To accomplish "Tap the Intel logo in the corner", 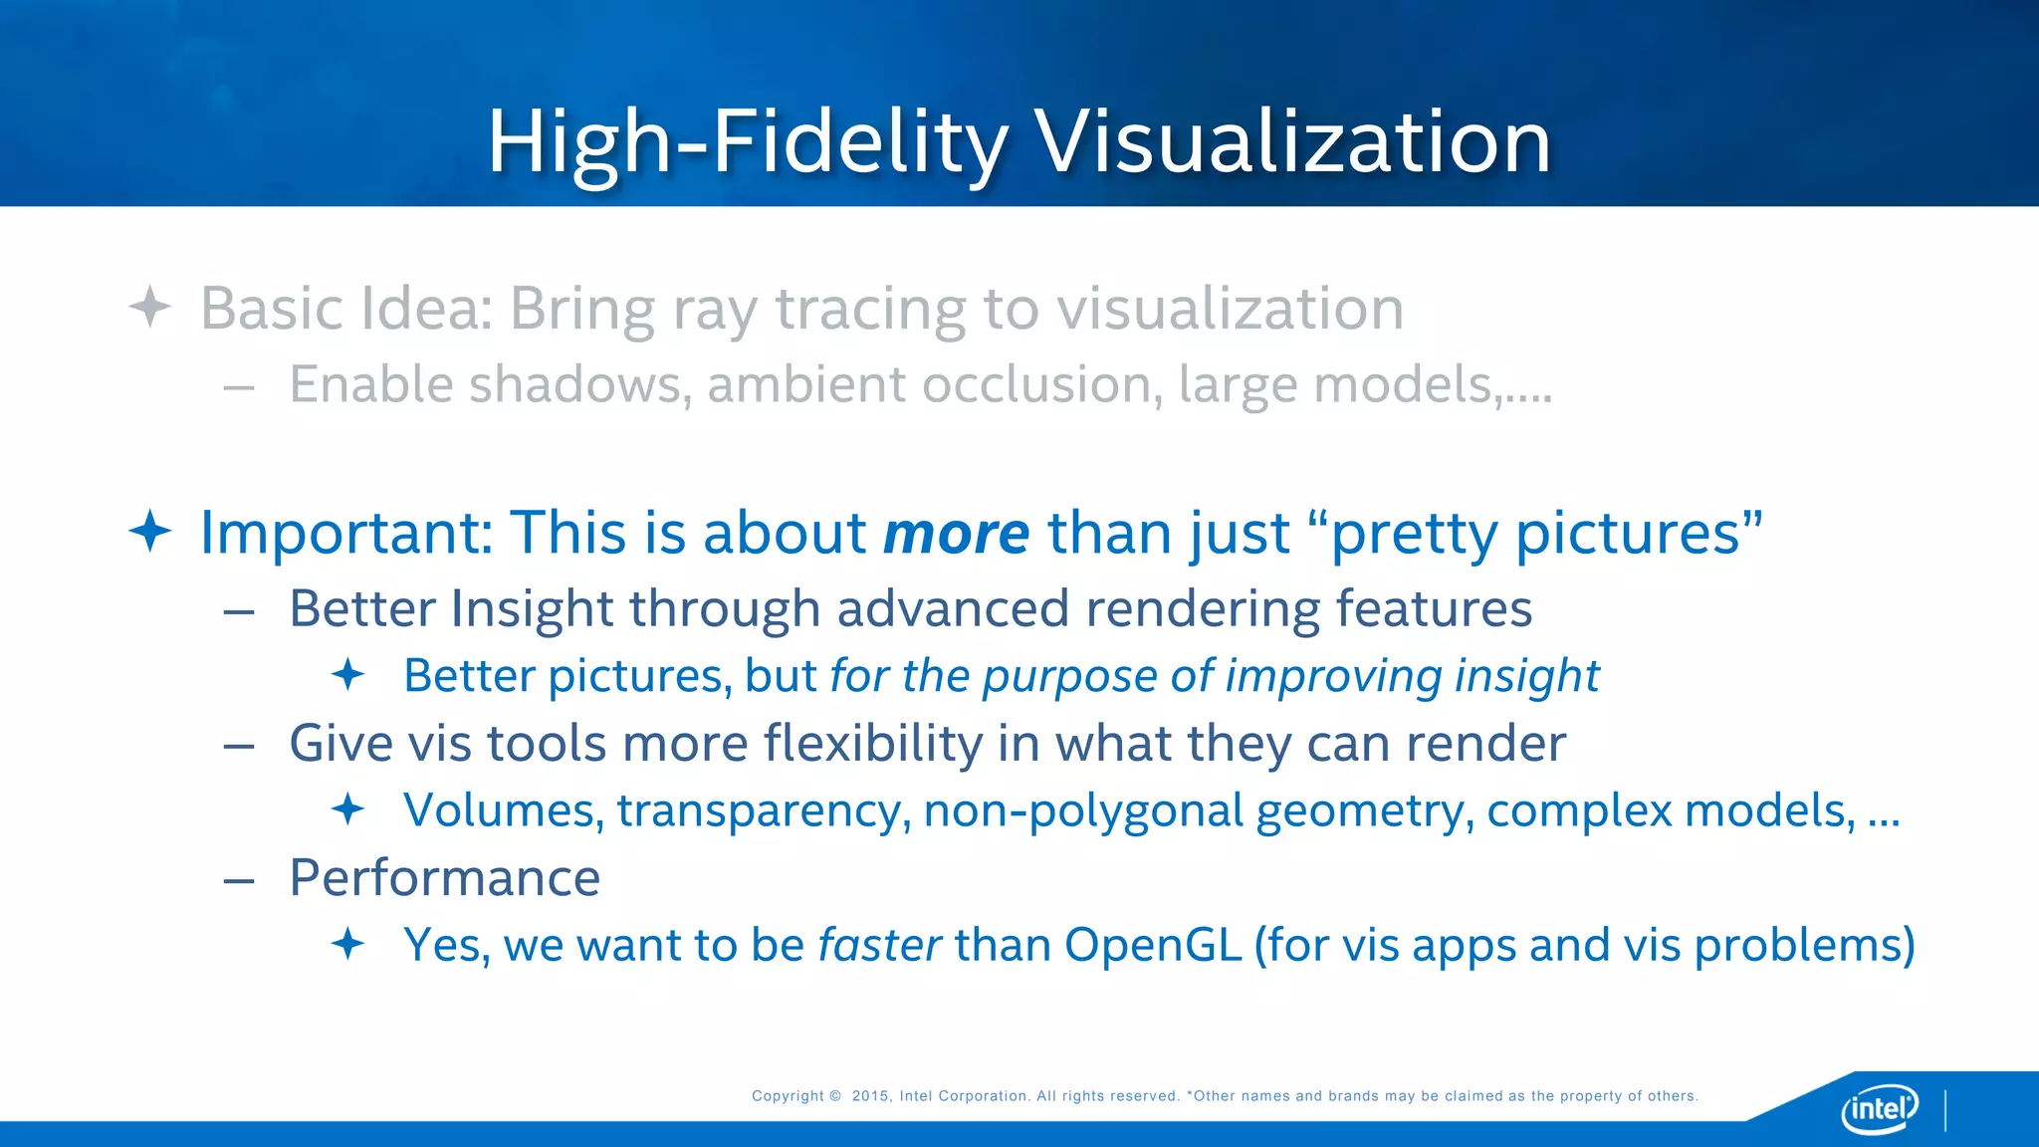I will coord(1879,1107).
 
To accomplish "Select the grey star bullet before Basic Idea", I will coord(150,307).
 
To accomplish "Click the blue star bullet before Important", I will coord(150,531).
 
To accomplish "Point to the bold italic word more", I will coord(956,534).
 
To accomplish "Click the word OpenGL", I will coord(1153,944).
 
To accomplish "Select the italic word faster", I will coord(879,944).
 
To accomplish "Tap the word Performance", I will coord(444,878).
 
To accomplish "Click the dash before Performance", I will coord(239,881).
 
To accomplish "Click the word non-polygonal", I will coord(1083,810).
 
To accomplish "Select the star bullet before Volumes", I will coord(347,808).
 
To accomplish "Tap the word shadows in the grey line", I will coord(580,384).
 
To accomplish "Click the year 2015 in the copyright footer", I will coord(869,1096).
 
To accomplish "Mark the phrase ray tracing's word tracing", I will coord(870,309).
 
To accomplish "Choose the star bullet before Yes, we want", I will coord(347,943).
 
